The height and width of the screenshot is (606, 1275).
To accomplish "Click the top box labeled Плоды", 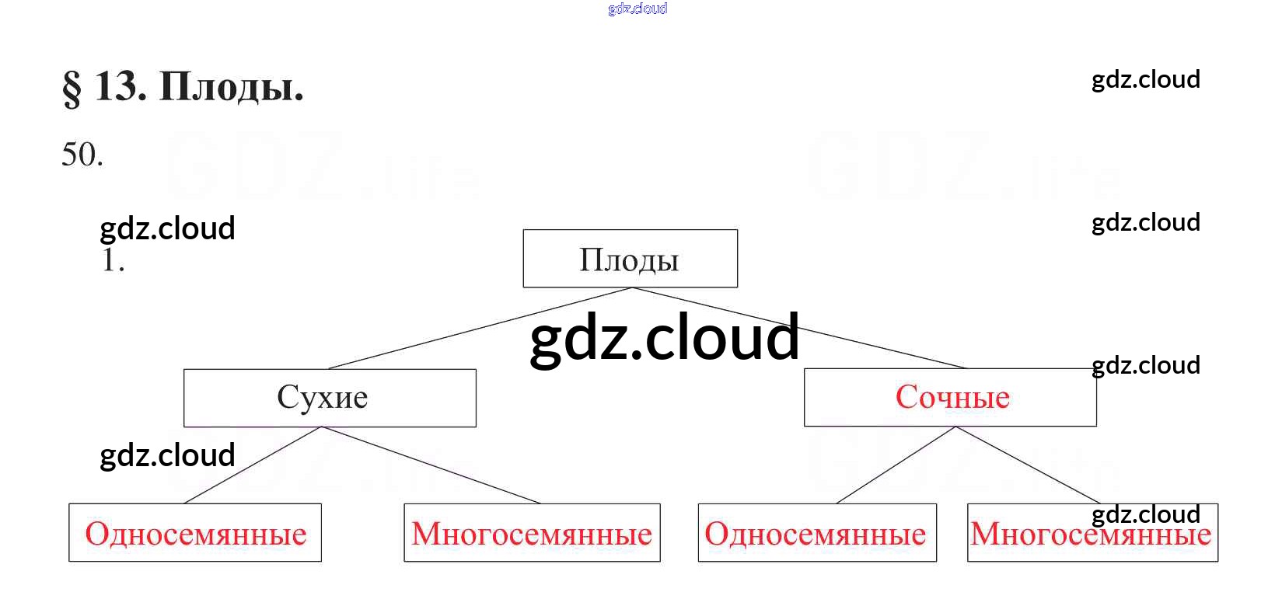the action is point(630,259).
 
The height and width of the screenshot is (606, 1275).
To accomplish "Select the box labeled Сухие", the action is point(330,398).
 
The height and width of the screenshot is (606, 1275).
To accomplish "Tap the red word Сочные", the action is point(952,398).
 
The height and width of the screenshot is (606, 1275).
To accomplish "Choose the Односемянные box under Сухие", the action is point(195,533).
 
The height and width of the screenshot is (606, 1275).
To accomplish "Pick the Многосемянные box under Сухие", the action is point(532,533).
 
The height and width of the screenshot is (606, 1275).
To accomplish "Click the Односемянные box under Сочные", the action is point(816,533).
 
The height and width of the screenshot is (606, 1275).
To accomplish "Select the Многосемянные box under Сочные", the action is point(1092,533).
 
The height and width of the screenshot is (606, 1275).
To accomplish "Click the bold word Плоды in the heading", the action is point(231,87).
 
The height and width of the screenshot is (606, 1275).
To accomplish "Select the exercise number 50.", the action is point(82,155).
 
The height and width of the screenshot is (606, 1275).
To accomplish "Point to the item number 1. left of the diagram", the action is point(113,260).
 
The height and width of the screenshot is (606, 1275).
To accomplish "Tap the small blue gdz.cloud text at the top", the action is point(637,9).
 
